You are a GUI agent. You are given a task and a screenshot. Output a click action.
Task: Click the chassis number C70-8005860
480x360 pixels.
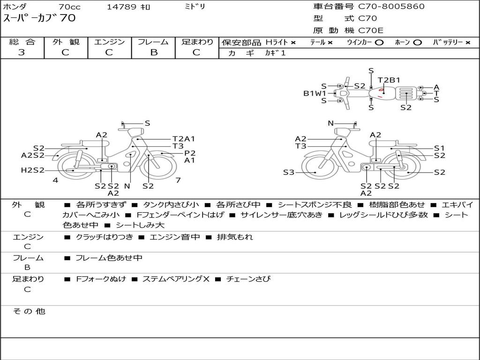[391, 6]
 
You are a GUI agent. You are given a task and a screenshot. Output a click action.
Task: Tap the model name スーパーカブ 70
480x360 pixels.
[39, 18]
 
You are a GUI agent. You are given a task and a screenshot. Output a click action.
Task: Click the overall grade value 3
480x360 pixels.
[22, 52]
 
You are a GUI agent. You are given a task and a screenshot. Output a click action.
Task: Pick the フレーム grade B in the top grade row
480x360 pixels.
[154, 52]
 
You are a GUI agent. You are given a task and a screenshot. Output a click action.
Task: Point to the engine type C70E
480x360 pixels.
[370, 30]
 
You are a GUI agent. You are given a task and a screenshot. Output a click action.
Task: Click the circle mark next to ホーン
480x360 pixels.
[417, 43]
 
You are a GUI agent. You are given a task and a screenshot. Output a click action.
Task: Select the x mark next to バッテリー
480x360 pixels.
[468, 43]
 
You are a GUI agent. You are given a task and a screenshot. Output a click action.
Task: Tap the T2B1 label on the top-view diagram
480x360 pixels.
[389, 80]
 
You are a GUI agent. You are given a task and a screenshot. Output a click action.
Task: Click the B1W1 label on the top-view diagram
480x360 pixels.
[315, 93]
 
